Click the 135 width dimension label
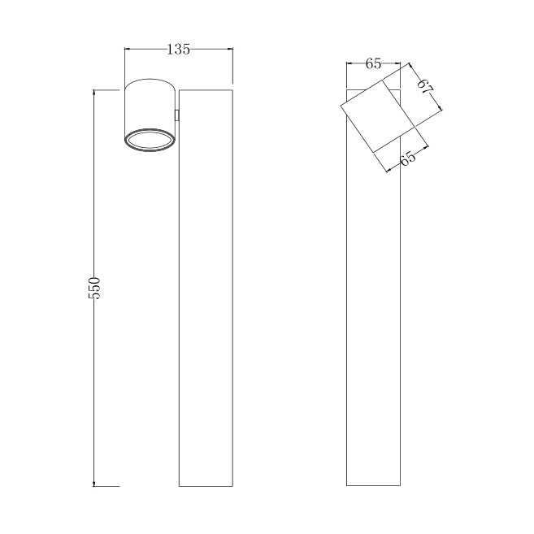(178, 50)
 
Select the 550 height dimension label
(94, 288)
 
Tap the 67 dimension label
(425, 86)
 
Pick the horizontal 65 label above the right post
(373, 63)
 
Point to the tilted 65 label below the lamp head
(408, 158)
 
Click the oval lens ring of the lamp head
(150, 140)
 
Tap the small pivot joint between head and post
(176, 115)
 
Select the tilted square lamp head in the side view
(378, 116)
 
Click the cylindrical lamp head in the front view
(150, 115)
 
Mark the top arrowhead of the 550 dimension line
(94, 93)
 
